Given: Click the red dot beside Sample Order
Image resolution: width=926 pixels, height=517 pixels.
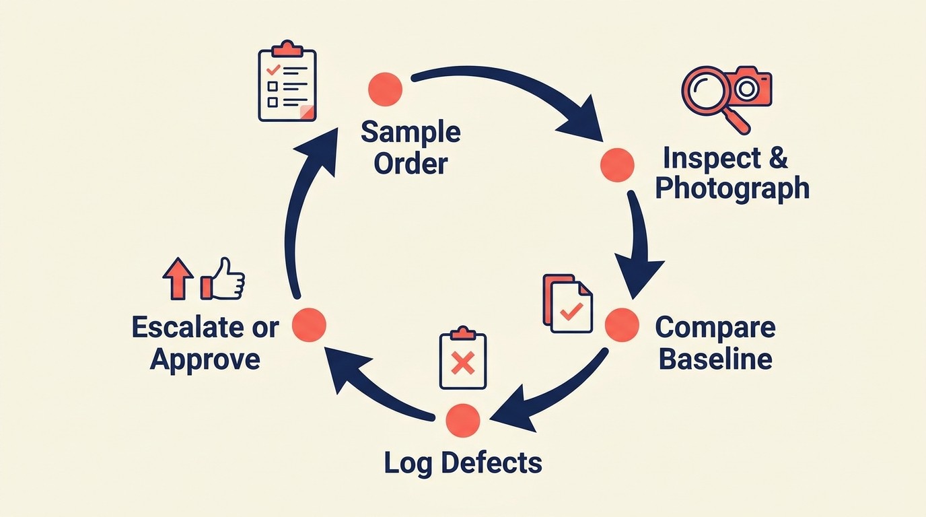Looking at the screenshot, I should [386, 89].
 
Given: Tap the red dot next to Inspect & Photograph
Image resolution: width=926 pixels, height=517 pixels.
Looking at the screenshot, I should [616, 165].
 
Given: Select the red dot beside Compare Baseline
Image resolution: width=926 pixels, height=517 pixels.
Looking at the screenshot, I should [621, 325].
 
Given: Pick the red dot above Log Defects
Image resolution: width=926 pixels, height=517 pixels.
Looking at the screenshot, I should [463, 420].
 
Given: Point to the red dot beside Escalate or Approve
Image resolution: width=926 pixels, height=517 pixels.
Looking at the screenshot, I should [310, 324].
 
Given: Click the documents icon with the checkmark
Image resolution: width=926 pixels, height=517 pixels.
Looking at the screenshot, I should [568, 304].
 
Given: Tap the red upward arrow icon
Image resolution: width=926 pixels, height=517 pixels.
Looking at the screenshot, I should [178, 277].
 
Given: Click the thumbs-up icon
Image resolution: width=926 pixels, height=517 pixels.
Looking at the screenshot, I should [224, 278].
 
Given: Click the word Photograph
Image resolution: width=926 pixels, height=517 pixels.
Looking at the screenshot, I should [732, 188].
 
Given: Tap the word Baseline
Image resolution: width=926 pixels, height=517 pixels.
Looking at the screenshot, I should [715, 358].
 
